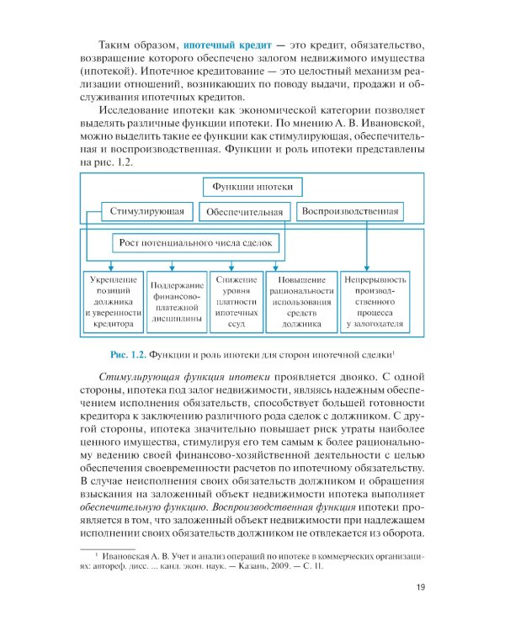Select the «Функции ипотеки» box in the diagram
252,187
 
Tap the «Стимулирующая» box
147,210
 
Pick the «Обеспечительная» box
248,211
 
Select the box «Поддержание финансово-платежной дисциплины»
176,302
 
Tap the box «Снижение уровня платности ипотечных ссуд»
236,300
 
